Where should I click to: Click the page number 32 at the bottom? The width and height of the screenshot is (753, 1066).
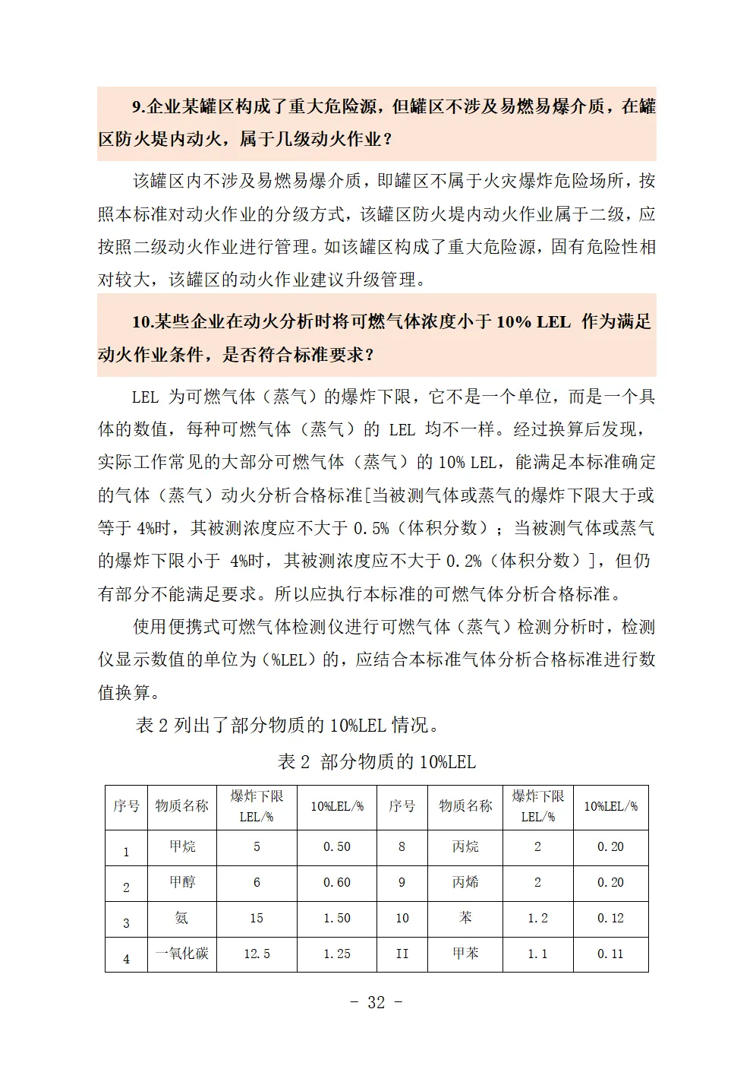(376, 1002)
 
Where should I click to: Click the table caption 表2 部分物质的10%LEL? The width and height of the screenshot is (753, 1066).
(376, 761)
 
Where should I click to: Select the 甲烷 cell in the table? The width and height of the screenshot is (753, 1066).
(181, 846)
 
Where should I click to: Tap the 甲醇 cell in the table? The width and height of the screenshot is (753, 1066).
(181, 882)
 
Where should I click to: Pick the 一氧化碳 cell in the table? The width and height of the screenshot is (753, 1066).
(181, 954)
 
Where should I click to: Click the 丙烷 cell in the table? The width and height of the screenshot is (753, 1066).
(465, 846)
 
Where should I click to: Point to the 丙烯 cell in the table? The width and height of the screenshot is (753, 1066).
(465, 882)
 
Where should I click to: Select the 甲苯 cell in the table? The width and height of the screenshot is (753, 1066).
(465, 954)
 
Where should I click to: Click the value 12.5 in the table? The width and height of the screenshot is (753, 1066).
(257, 954)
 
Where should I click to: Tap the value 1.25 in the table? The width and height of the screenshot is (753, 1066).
(337, 954)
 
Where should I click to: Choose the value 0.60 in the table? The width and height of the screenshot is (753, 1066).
(337, 882)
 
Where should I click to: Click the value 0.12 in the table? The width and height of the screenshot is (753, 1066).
(610, 918)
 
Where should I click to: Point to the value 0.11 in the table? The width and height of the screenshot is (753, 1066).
(610, 954)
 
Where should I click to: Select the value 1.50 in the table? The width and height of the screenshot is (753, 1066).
(337, 918)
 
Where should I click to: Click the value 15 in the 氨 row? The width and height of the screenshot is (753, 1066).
(257, 918)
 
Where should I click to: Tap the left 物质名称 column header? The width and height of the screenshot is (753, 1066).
(181, 806)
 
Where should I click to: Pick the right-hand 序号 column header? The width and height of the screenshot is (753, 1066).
(402, 806)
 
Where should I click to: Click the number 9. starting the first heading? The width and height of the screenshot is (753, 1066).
(138, 106)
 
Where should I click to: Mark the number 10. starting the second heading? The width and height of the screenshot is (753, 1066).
(143, 321)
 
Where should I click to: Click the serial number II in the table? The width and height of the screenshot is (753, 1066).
(402, 954)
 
